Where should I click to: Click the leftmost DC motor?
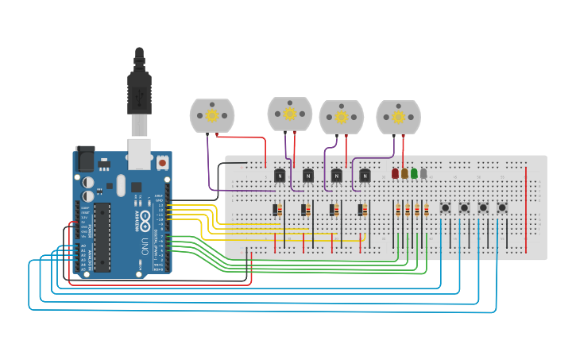point(212,116)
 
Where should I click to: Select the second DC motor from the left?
point(290,114)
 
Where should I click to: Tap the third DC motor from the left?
point(342,117)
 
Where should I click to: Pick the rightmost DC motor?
point(399,116)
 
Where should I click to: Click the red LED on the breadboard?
point(395,173)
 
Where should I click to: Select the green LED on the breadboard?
point(414,173)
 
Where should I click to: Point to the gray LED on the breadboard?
point(423,173)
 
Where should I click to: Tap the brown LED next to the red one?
point(404,173)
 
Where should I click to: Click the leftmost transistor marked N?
point(279,175)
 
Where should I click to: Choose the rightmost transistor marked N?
point(365,175)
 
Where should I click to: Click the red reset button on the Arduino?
point(162,162)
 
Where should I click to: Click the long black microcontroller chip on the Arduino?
point(102,236)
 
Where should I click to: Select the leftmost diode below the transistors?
point(277,210)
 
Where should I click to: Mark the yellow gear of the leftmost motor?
point(212,115)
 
